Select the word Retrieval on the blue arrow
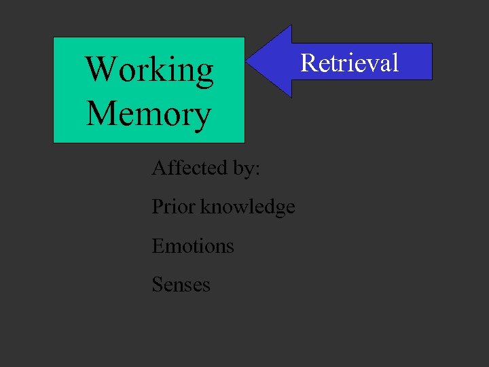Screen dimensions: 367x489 349,63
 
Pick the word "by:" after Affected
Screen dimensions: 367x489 246,169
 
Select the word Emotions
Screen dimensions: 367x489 193,245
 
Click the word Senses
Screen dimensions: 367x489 181,284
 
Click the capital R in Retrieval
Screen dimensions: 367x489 308,63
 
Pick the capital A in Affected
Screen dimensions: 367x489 158,167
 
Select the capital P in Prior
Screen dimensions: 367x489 157,206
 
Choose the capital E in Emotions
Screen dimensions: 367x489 158,245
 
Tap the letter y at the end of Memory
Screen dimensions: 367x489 202,117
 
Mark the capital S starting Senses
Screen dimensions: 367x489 157,284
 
